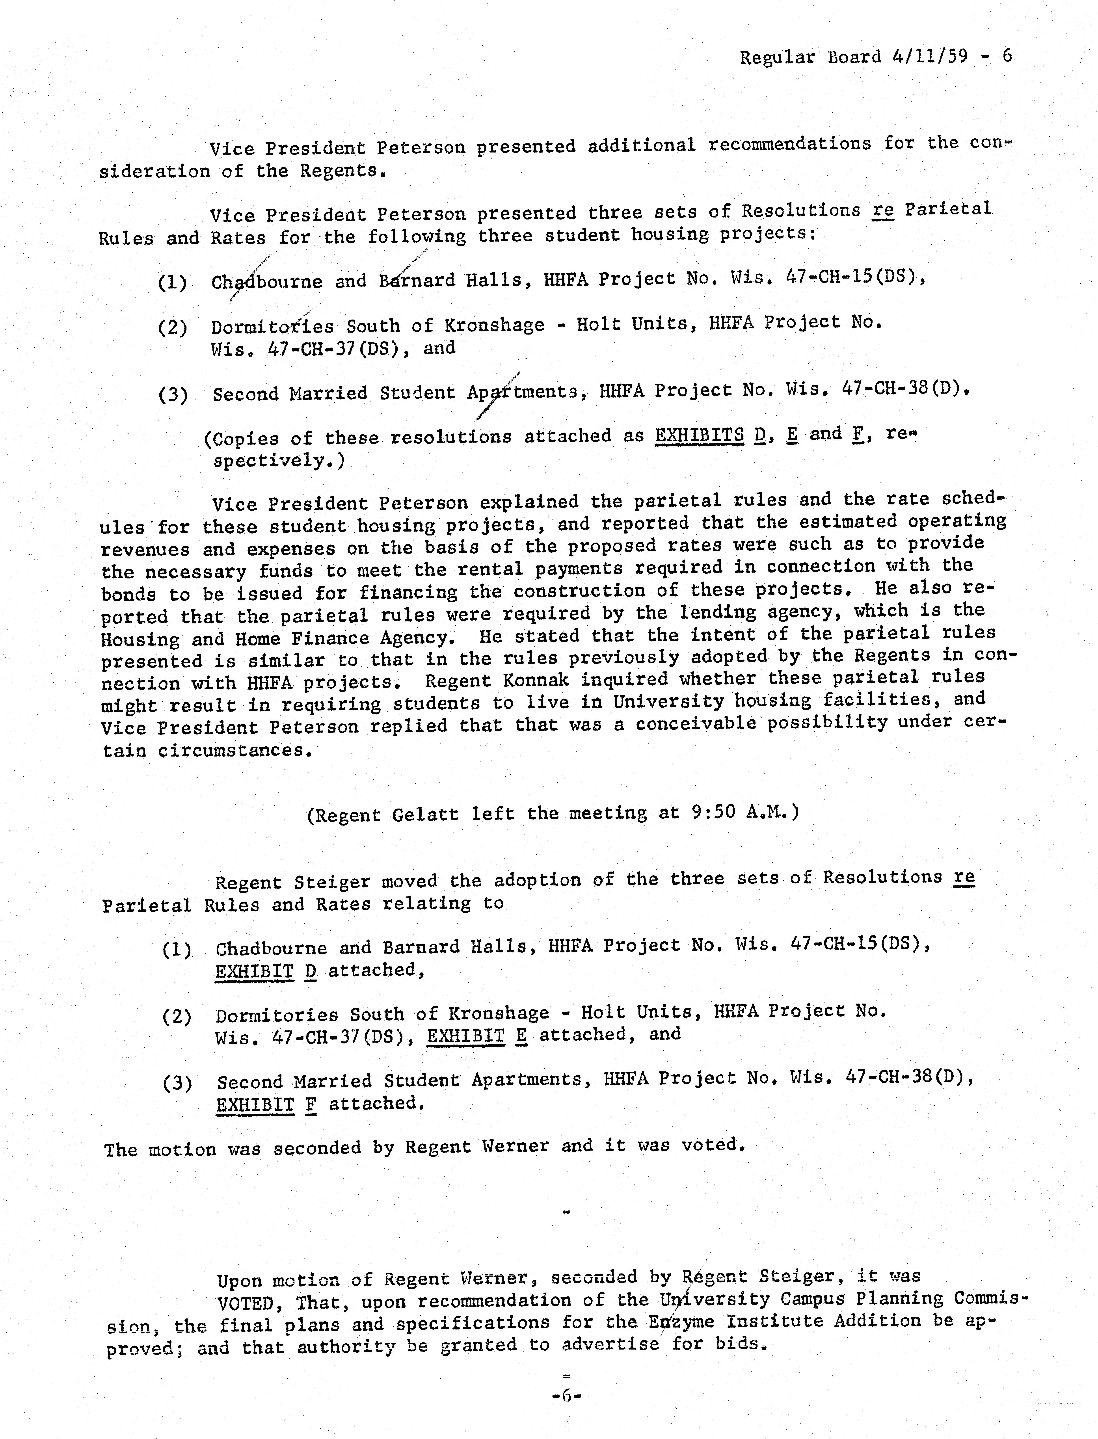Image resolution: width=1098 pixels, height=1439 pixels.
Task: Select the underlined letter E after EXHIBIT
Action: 521,1036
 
